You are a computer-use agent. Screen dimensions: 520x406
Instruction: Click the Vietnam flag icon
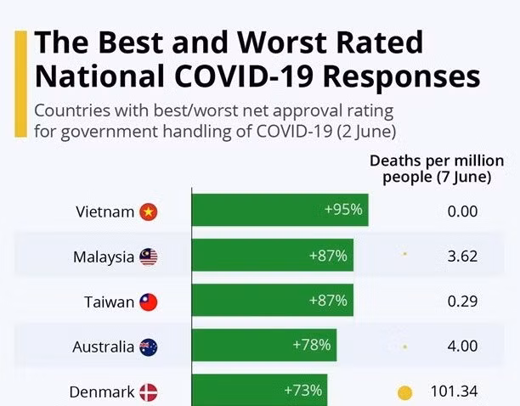coord(148,211)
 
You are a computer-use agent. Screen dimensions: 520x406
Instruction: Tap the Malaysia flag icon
coord(148,257)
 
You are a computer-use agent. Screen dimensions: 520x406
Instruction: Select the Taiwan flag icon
coord(148,302)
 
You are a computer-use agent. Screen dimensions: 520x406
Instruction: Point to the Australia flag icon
coord(148,347)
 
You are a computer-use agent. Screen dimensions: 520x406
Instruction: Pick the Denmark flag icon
coord(148,392)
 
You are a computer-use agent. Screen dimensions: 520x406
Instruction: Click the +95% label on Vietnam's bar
coord(343,210)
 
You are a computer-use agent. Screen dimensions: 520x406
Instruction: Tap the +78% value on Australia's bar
coord(311,345)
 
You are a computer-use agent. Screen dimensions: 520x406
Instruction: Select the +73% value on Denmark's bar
coord(302,390)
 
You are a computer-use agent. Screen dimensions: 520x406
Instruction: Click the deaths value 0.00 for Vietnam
coord(462,211)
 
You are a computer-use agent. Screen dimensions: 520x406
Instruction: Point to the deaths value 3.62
coord(462,257)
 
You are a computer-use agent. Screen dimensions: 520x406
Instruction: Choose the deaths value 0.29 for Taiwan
coord(462,302)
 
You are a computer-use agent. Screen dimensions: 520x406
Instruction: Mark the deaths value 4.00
coord(462,346)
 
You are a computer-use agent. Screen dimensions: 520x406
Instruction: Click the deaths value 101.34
coord(454,391)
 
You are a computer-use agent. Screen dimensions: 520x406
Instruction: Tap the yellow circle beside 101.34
coord(404,393)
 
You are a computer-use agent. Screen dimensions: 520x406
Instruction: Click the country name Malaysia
coord(104,257)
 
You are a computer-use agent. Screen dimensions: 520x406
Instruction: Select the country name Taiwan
coord(109,302)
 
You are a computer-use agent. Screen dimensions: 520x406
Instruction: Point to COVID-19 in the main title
coord(244,77)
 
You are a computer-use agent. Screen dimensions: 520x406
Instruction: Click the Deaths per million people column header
coord(437,169)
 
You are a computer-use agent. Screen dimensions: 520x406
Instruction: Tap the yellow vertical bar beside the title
coord(20,84)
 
